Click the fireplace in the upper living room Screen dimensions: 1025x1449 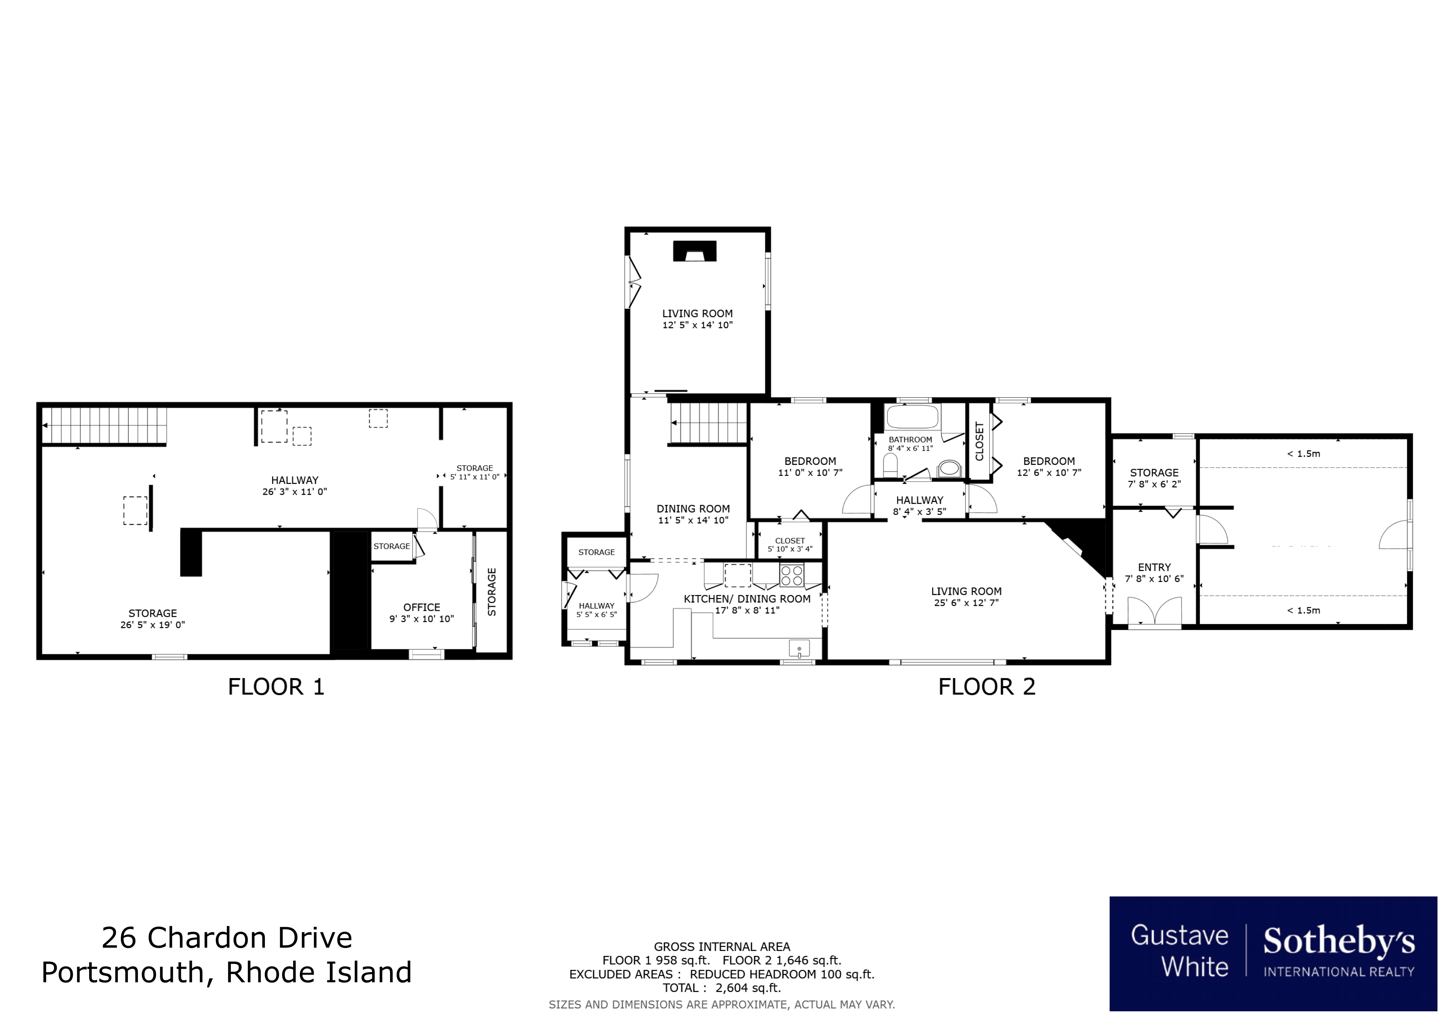694,252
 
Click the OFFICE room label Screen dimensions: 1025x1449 422,607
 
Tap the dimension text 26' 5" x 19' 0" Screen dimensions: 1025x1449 153,625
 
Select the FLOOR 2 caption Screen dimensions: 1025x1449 986,687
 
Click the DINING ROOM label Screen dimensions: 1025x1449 693,509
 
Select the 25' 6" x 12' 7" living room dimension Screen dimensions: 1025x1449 966,603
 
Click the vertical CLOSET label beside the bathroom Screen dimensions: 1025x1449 979,441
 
